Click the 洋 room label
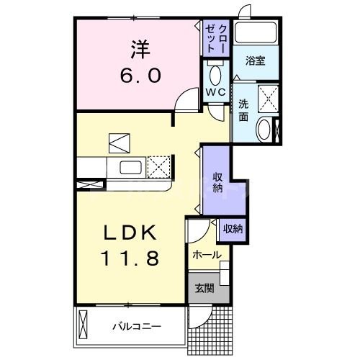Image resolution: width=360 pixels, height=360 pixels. [x=140, y=48]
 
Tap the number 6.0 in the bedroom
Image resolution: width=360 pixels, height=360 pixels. [x=140, y=74]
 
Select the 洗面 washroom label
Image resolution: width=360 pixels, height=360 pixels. [x=244, y=107]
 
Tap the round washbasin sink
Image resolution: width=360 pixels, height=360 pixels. [x=264, y=130]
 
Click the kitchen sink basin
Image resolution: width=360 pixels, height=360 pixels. [x=130, y=168]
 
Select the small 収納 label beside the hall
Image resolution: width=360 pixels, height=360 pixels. [x=232, y=228]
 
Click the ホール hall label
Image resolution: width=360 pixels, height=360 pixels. [x=207, y=255]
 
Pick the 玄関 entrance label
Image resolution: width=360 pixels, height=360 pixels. [x=204, y=289]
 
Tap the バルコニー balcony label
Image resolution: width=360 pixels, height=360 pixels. [x=136, y=326]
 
